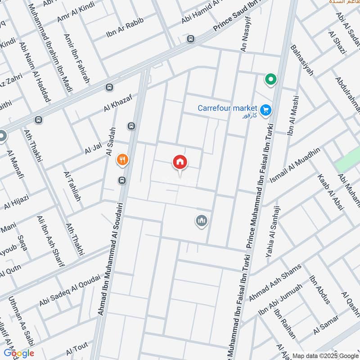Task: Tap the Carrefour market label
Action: pos(227,108)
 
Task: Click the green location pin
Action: pos(270,80)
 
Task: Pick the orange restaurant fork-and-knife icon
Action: pos(122,159)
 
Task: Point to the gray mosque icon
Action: pos(201,220)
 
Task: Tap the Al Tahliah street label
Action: pos(72,186)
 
